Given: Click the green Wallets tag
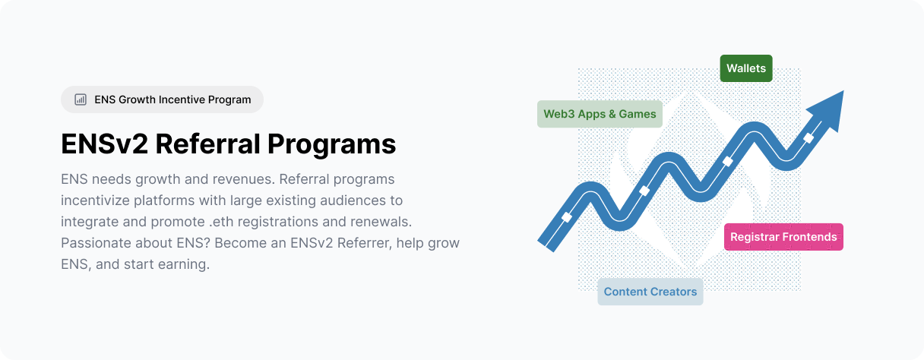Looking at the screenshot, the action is pos(745,68).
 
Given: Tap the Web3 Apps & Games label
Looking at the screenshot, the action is pos(600,114).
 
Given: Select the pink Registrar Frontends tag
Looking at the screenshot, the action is pos(783,237).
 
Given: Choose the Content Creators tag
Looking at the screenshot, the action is pos(650,292).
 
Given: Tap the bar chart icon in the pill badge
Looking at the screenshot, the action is pos(81,99).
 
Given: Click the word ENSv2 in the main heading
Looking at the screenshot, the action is pos(104,144).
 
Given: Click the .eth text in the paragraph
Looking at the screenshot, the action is pos(222,222).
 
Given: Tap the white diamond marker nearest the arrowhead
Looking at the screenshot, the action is pos(808,138).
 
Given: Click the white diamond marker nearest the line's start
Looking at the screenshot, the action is pos(567,217).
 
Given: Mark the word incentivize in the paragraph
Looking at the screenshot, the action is pos(95,201).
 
